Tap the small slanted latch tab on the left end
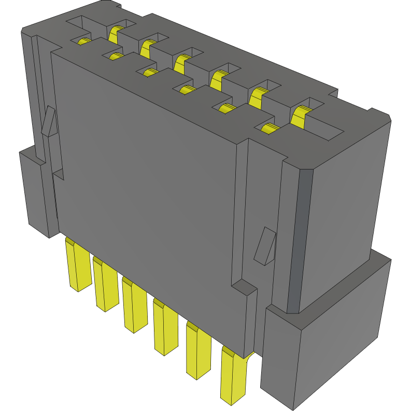[48, 121]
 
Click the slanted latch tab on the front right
[265, 246]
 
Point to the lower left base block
[36, 192]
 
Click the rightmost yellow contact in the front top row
[268, 129]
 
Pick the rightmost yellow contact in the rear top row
[300, 116]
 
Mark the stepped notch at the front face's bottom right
[244, 288]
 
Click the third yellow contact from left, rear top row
[180, 64]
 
